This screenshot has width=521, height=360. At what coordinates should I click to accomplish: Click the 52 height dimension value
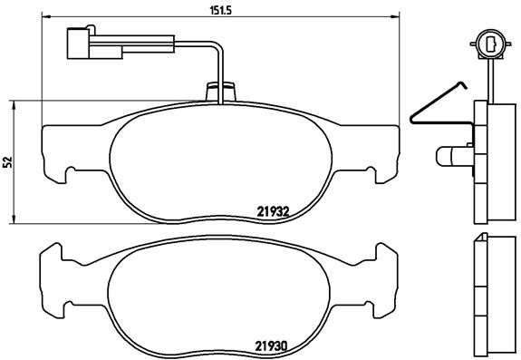tap(7, 161)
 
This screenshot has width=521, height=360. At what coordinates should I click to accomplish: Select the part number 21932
tap(272, 210)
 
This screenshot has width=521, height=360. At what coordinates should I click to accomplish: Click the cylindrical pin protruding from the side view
tap(450, 156)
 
